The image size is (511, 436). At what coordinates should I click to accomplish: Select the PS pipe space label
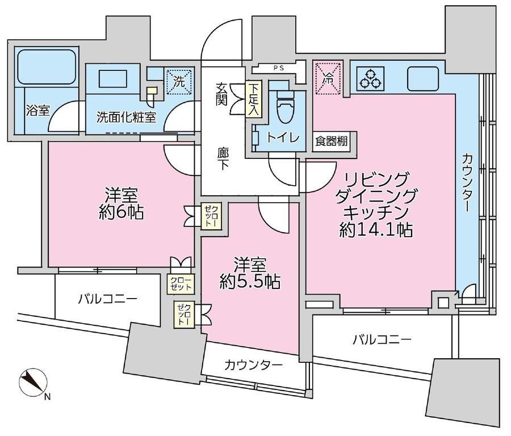278,67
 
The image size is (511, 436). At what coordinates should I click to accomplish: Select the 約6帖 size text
120,212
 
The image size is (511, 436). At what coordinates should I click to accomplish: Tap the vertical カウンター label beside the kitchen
467,182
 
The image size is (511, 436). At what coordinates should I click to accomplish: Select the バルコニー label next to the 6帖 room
107,299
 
